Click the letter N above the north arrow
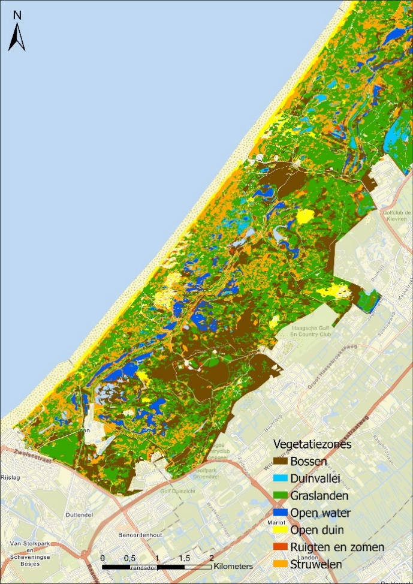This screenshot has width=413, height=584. (x=17, y=15)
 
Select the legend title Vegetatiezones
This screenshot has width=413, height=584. (x=312, y=444)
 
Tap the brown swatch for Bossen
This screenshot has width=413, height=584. (x=281, y=462)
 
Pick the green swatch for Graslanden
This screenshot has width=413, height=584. (x=281, y=496)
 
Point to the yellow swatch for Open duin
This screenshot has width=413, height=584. (x=281, y=530)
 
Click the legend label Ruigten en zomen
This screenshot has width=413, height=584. (x=337, y=547)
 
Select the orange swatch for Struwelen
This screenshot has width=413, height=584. (x=281, y=564)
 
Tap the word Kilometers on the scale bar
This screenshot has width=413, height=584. (x=233, y=566)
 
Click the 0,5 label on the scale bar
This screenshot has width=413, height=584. (x=129, y=558)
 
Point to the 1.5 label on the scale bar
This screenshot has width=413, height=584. (x=184, y=558)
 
